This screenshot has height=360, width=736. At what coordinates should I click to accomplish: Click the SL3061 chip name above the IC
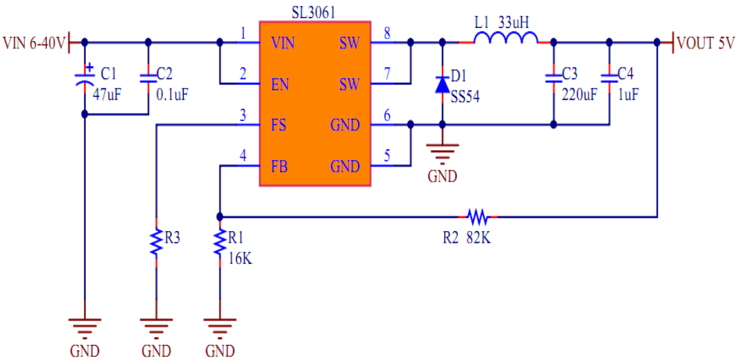[314, 11]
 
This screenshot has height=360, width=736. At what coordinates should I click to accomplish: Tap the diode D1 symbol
[442, 85]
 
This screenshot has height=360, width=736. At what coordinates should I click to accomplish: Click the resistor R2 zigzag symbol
[478, 216]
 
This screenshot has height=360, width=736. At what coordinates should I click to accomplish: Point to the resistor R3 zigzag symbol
[156, 242]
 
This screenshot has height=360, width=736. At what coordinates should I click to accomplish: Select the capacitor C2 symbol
[148, 79]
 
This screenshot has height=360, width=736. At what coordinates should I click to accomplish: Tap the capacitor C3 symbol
[553, 79]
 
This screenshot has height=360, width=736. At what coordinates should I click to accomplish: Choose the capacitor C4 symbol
[610, 79]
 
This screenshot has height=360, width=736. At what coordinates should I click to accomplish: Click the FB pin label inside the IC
[279, 167]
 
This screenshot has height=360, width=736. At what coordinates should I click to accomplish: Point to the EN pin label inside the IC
[280, 84]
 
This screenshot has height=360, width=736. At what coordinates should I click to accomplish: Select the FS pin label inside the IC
[279, 126]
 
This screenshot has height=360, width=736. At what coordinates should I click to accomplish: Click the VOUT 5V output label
[705, 43]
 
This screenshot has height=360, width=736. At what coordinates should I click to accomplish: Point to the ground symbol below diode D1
[442, 152]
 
